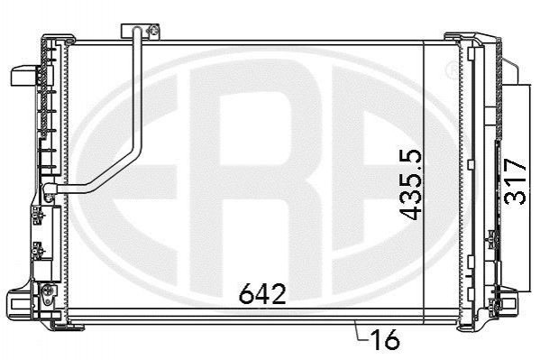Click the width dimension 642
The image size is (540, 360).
coord(262,294)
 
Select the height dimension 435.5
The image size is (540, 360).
coord(411,184)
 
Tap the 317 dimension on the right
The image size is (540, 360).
coord(515,181)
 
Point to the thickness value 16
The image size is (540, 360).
coord(385,339)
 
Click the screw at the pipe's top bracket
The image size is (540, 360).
coord(153,31)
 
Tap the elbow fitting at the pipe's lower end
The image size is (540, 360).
coord(49,189)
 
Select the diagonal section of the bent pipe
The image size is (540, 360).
coord(114,169)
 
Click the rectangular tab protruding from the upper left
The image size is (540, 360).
coord(23,76)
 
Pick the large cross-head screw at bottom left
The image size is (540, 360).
coord(48,290)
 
